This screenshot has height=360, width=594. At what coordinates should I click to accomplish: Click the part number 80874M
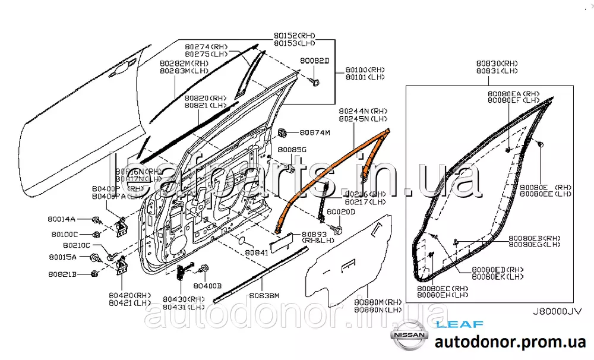pos(314,132)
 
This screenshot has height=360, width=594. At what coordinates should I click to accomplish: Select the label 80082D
pos(314,61)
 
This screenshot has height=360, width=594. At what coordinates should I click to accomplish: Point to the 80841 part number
pos(258,252)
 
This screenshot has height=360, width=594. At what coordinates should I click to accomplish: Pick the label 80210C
pos(76,245)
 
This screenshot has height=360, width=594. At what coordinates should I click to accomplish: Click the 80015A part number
pos(62,258)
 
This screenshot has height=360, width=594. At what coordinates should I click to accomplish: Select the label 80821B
pos(62,274)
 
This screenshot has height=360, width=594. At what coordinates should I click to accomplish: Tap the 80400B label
pos(208,286)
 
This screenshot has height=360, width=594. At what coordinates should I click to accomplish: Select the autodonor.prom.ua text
pos(510,342)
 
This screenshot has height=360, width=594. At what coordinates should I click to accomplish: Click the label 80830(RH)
pos(497,63)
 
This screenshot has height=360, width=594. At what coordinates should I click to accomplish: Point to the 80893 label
pos(314,234)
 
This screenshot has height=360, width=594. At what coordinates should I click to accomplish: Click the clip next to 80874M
pos(284,132)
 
